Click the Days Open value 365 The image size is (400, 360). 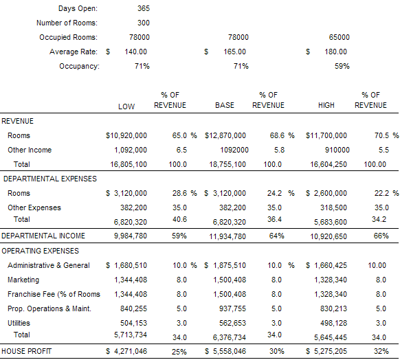tap(144, 8)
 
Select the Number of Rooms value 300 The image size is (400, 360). tap(144, 23)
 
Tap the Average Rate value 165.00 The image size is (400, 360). tap(234, 52)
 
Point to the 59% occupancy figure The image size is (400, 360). tap(342, 66)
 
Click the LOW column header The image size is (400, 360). tap(126, 106)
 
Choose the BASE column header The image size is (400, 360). tap(225, 105)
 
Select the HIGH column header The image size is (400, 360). tap(326, 105)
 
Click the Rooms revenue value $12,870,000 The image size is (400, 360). tap(225, 135)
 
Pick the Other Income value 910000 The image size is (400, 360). tap(337, 150)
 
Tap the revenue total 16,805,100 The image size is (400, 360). tap(129, 164)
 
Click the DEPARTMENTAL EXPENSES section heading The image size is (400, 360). tap(50, 179)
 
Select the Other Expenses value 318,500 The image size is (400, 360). tap(333, 207)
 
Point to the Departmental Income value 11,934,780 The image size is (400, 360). tap(227, 236)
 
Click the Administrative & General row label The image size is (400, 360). tap(49, 265)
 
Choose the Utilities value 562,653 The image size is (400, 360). tap(233, 324)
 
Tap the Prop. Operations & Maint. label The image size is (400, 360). tap(49, 308)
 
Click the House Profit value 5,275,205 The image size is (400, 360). tap(331, 351)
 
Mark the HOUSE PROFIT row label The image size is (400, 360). tap(27, 351)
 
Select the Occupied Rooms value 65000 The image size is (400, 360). tap(340, 38)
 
